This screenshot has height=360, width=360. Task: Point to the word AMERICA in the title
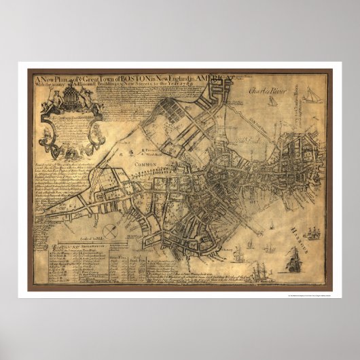click(213, 76)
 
